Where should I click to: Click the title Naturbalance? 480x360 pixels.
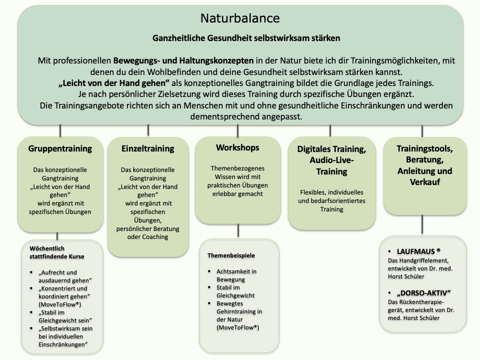point(240,18)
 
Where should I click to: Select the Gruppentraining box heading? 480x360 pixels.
point(60,148)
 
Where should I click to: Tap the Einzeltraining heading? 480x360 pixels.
point(148,148)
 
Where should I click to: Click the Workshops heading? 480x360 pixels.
point(237,147)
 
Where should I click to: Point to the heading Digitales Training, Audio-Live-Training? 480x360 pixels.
point(331,160)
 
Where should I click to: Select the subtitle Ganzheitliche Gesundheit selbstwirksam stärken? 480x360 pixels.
point(239,38)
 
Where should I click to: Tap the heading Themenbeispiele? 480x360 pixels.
point(231,255)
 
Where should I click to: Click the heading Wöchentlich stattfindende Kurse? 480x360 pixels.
point(56,252)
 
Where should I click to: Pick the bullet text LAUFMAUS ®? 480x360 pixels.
point(418,251)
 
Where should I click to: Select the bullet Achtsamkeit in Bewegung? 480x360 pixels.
point(236,275)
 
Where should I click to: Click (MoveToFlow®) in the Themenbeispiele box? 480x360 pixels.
point(237,327)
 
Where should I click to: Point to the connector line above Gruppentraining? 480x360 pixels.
point(60,130)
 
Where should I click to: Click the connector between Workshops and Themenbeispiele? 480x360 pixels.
point(238,230)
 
